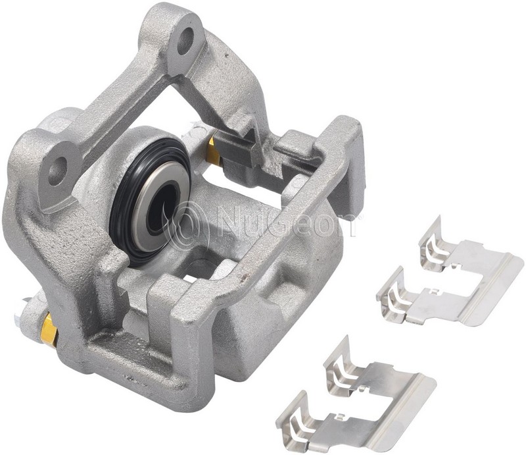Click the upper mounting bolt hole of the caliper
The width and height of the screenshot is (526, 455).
tap(185, 41)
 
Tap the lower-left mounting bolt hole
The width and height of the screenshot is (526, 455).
tap(58, 170)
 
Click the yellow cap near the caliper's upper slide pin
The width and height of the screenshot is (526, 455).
tap(214, 152)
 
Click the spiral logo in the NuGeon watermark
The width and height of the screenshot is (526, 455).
tap(189, 225)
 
